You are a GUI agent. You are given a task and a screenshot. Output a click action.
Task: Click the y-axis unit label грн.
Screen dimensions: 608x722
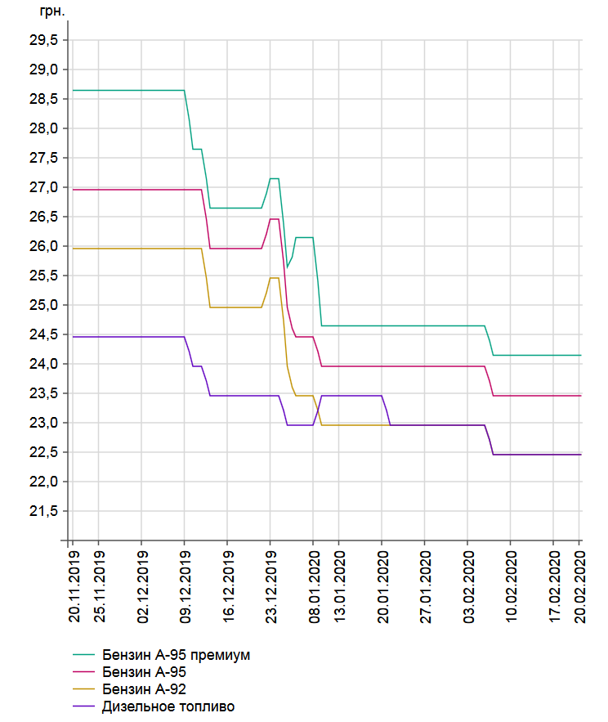tap(52, 11)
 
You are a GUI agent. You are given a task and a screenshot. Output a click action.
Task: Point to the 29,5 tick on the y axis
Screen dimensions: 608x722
tap(44, 40)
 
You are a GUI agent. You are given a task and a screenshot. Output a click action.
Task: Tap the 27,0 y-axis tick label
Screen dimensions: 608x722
tap(44, 187)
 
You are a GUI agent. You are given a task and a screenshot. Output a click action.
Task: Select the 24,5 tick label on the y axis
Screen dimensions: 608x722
tap(44, 334)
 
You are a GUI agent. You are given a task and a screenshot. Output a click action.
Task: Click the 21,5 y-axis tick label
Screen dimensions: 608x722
tap(44, 511)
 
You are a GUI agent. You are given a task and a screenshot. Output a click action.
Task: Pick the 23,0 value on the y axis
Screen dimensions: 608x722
tap(44, 423)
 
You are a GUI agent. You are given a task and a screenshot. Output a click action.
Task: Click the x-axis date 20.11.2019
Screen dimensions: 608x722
tap(74, 587)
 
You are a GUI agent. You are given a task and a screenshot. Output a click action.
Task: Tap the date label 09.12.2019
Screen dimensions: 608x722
tap(185, 587)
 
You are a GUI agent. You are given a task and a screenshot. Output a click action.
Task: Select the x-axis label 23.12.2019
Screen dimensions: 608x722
tap(271, 587)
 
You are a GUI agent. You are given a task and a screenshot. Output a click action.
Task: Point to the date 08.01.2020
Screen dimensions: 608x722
tap(314, 587)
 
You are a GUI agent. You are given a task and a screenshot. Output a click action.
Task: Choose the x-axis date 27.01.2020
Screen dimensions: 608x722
tap(425, 587)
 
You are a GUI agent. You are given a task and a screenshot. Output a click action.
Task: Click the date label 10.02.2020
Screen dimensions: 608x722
tap(511, 587)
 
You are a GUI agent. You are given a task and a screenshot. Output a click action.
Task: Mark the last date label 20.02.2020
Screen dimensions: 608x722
tap(580, 587)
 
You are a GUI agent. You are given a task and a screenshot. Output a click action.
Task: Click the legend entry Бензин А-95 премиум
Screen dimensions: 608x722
tap(176, 655)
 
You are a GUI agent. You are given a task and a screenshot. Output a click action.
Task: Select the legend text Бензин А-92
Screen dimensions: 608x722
tap(144, 689)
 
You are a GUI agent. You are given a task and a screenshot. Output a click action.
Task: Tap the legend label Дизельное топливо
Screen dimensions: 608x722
tap(168, 706)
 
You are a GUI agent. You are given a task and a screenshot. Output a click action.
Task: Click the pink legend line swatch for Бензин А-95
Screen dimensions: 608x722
tap(84, 672)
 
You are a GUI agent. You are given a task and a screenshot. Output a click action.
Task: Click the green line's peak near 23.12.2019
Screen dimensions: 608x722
tap(275, 178)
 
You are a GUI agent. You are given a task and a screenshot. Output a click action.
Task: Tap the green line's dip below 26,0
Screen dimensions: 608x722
tap(287, 267)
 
